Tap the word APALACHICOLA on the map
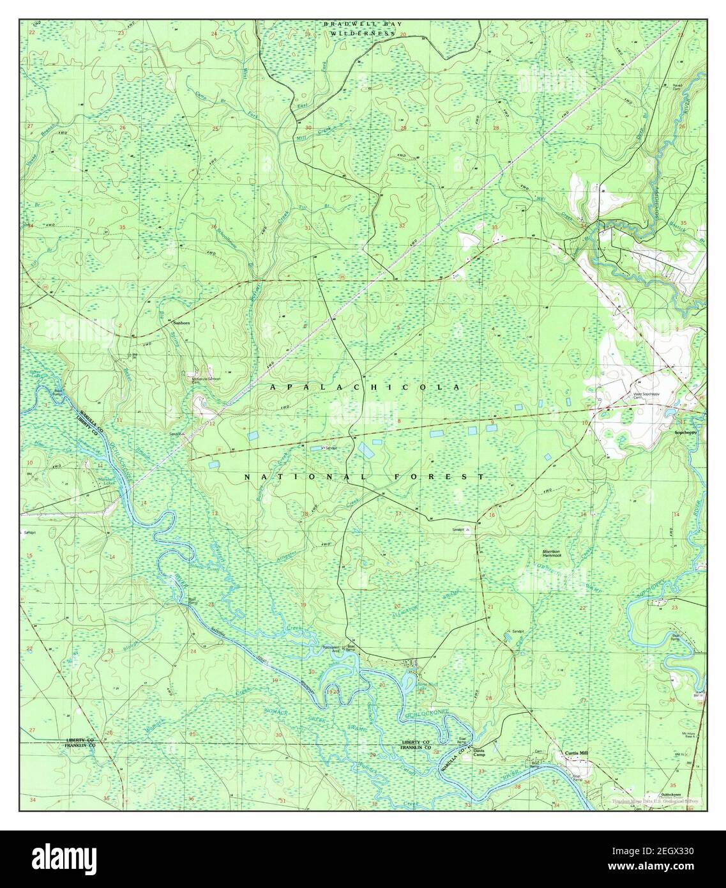pos(365,388)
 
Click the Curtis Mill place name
pos(575,753)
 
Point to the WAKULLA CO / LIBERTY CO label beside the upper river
pos(86,414)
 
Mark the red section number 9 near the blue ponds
pos(492,422)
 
